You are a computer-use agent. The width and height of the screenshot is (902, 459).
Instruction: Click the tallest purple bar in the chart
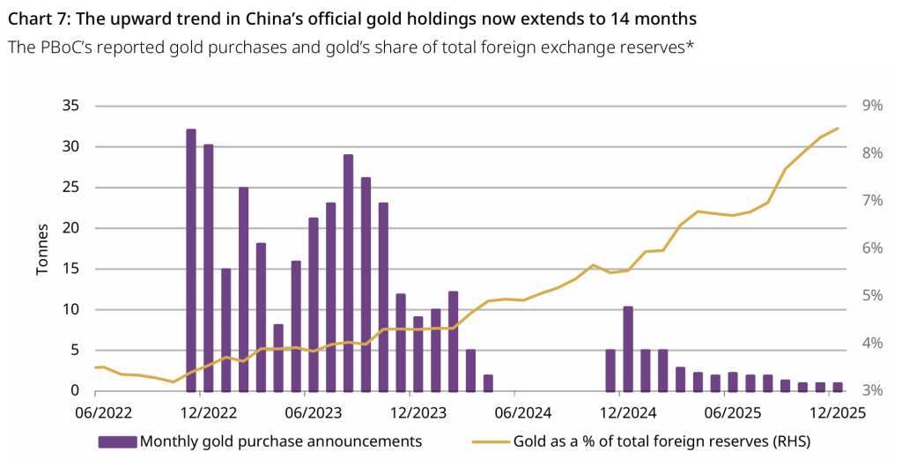coord(191,260)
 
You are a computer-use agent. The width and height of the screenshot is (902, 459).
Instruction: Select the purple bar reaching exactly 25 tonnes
coord(243,289)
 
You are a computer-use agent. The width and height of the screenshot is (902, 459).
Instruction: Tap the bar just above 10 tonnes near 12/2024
coord(628,349)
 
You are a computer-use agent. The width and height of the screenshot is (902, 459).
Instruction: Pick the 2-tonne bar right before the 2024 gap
coord(488,382)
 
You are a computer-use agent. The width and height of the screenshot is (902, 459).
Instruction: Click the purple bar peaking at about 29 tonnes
coord(349,273)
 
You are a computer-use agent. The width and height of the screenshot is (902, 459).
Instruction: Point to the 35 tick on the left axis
coord(70,106)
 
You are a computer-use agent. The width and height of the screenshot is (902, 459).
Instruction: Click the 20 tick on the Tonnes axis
coord(70,228)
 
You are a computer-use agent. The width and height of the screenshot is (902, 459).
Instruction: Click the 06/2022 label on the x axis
coord(96,411)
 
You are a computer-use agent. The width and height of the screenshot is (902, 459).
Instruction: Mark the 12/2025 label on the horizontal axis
coord(828,411)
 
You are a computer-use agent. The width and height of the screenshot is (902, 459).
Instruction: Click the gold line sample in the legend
coord(492,440)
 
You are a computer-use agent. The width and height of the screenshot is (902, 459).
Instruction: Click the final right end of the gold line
coord(838,129)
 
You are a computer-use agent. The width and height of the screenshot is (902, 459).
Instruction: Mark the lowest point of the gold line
coord(174,381)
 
